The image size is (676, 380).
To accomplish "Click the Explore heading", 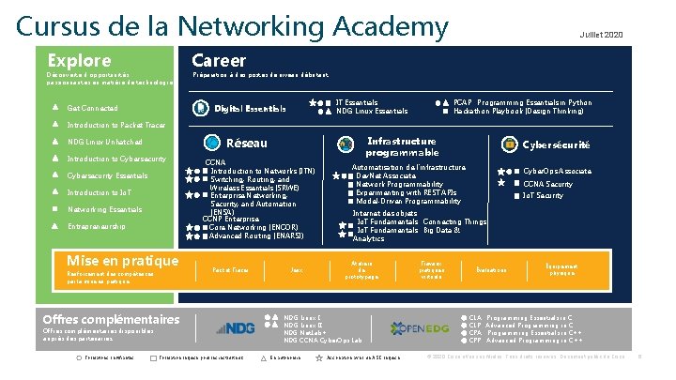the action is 79,60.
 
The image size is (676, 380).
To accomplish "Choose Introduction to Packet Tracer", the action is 116,125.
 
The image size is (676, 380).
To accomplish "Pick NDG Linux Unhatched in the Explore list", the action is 105,142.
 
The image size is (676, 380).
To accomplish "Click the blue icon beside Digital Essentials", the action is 201,109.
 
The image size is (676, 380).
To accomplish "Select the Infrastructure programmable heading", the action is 402,147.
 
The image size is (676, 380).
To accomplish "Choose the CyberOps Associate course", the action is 557,172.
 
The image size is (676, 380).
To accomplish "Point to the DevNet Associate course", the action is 386,176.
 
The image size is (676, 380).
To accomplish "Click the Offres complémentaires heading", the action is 111,318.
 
